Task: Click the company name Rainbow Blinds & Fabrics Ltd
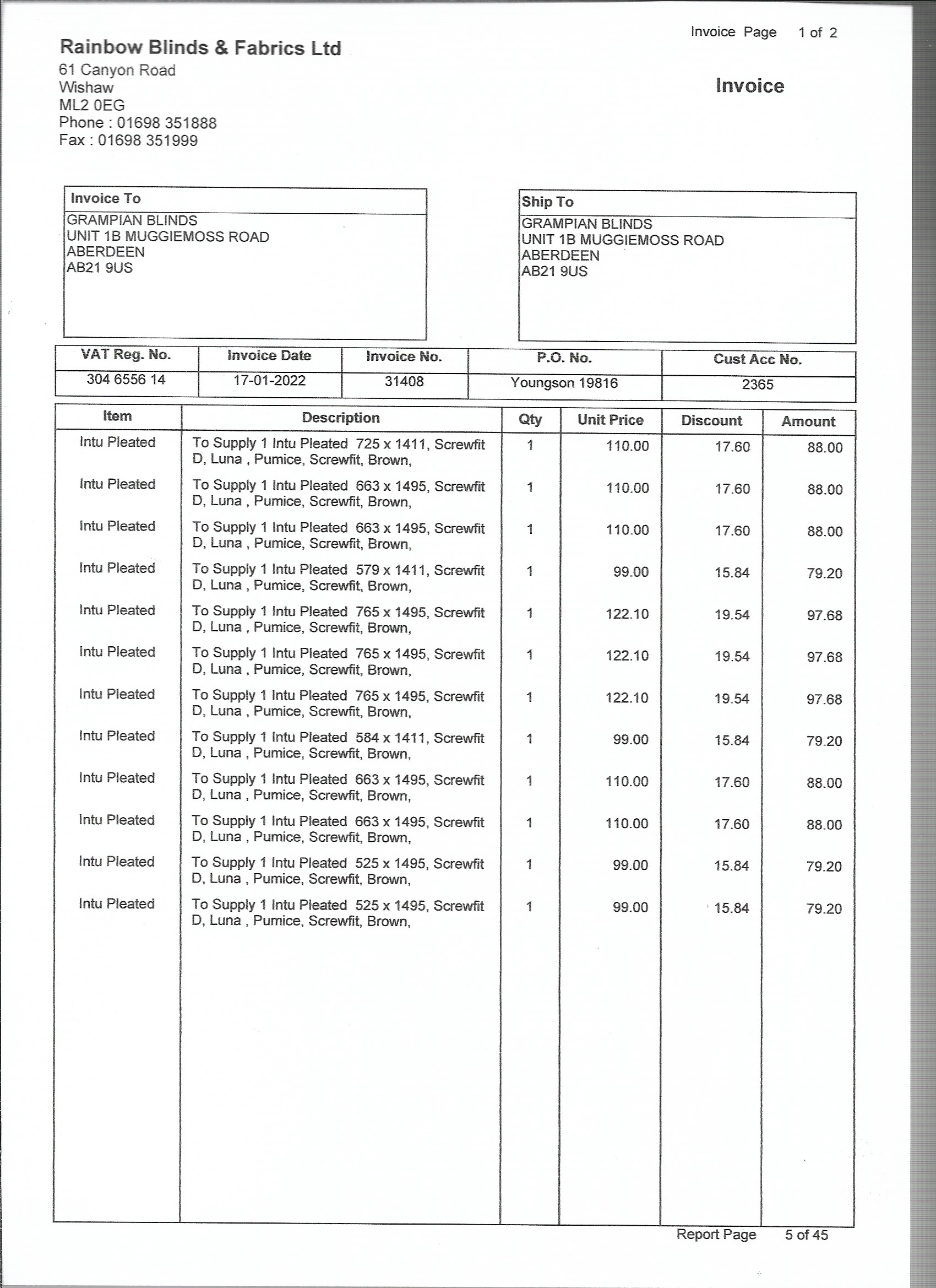click(200, 48)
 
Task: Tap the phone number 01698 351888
click(166, 123)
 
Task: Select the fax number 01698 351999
click(148, 141)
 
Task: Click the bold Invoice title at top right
click(749, 86)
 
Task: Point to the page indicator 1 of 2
click(818, 33)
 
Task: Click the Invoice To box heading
click(106, 199)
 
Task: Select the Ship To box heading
click(547, 202)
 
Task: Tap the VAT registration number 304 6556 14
click(126, 380)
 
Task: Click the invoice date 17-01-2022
click(270, 381)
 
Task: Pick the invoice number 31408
click(404, 382)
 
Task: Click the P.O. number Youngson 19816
click(564, 383)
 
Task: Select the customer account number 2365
click(757, 385)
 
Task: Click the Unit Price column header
click(610, 420)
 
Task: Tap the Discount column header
click(711, 421)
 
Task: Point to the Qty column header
click(530, 420)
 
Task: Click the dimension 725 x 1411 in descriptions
click(390, 444)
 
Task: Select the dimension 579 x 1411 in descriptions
click(390, 570)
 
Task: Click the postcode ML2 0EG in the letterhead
click(91, 106)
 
